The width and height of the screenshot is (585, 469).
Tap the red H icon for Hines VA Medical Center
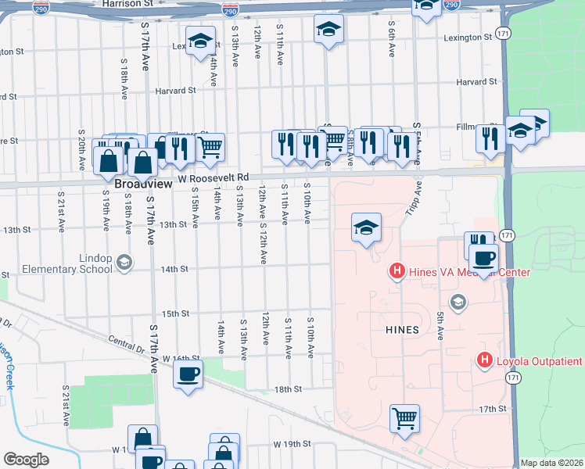click(x=397, y=272)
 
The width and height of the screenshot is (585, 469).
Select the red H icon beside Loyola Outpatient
click(x=484, y=360)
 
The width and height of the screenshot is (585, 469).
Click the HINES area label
click(x=402, y=330)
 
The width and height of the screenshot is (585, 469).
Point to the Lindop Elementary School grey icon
click(x=123, y=261)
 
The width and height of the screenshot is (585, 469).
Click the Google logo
click(x=26, y=460)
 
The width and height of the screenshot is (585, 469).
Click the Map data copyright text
click(x=552, y=463)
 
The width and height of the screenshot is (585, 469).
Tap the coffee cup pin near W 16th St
click(x=188, y=374)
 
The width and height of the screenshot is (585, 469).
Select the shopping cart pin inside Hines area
click(x=404, y=418)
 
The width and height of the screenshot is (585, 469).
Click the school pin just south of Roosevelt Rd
click(x=365, y=228)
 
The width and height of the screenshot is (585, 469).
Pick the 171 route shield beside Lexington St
click(x=505, y=35)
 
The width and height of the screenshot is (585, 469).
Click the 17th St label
click(x=493, y=409)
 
